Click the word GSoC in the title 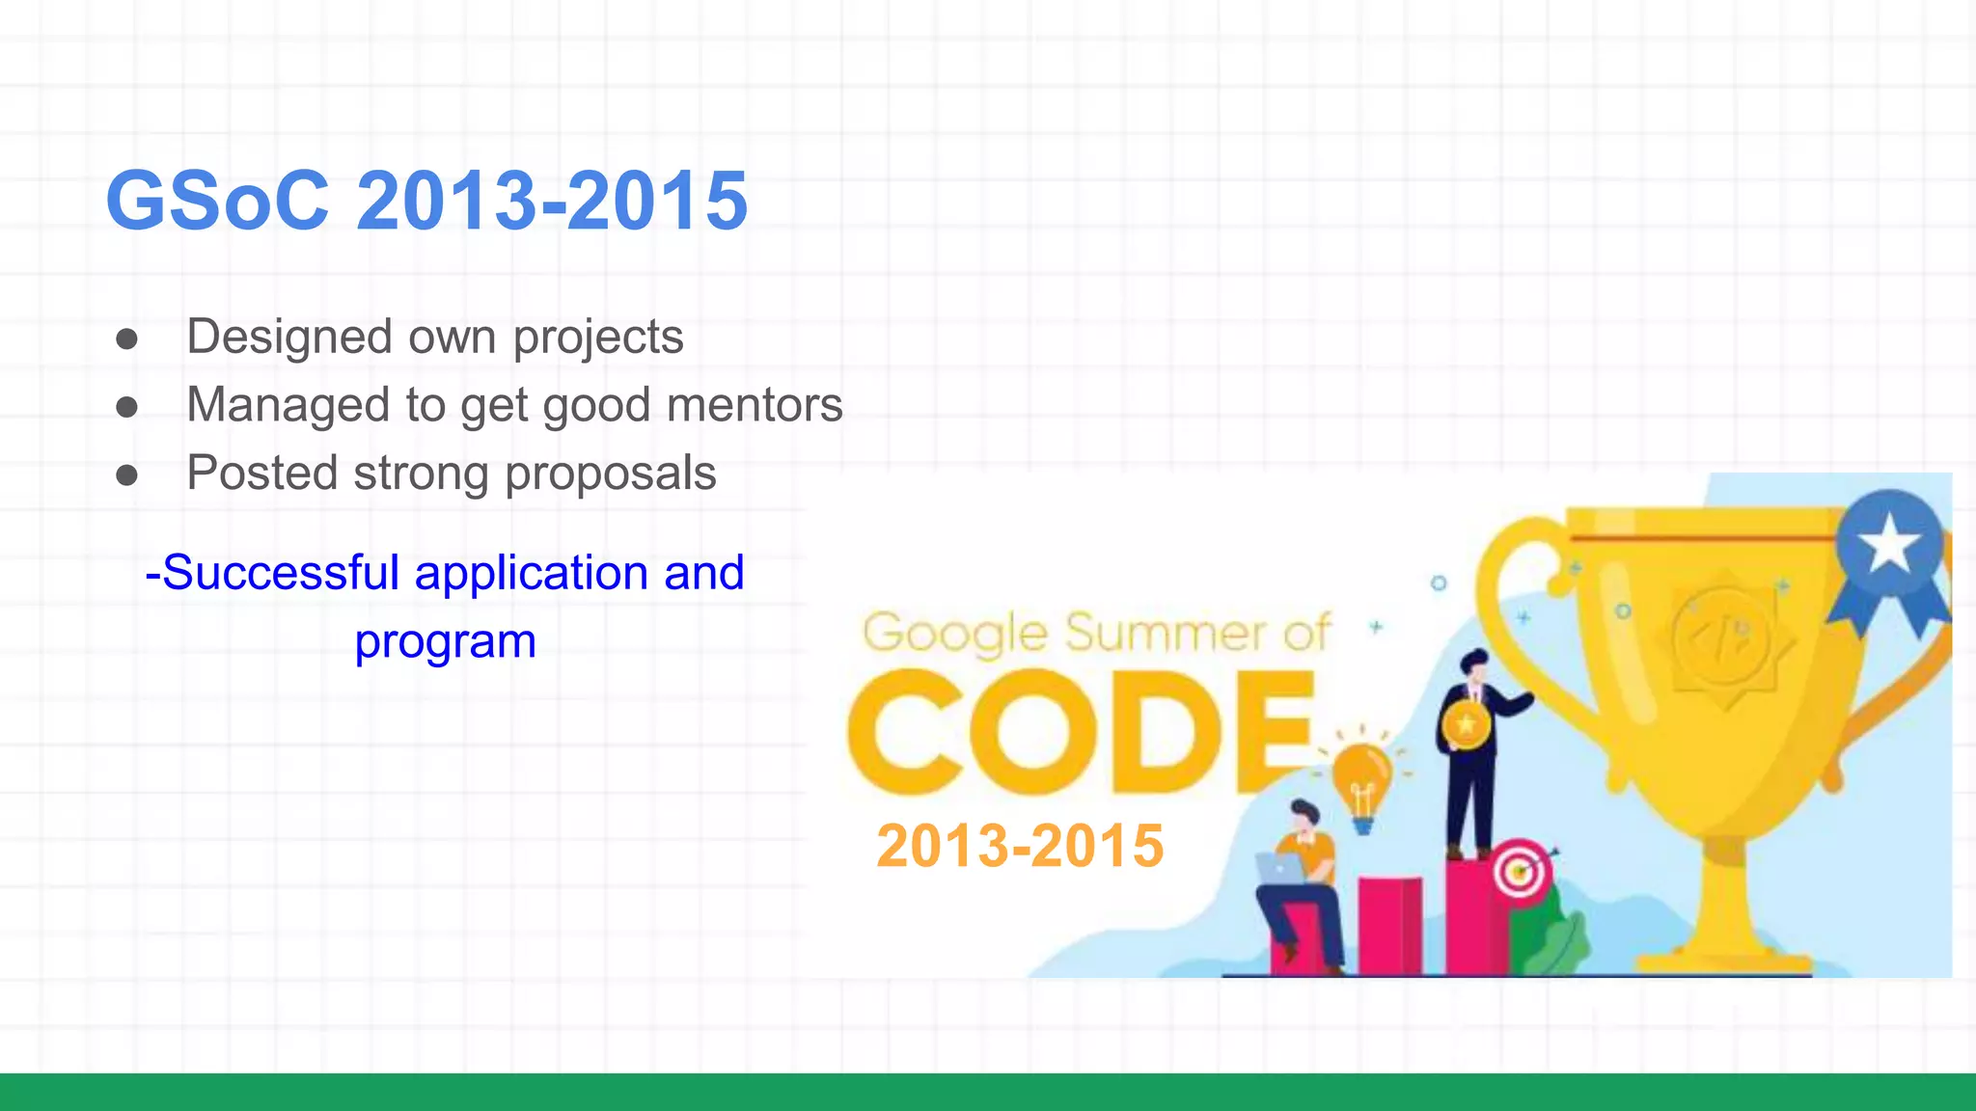[217, 202]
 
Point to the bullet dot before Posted [126, 474]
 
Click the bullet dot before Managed [126, 407]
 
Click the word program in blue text [445, 641]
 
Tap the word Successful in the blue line [281, 573]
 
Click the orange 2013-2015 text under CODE [1020, 846]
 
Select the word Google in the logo [954, 634]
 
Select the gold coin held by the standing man [1466, 723]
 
